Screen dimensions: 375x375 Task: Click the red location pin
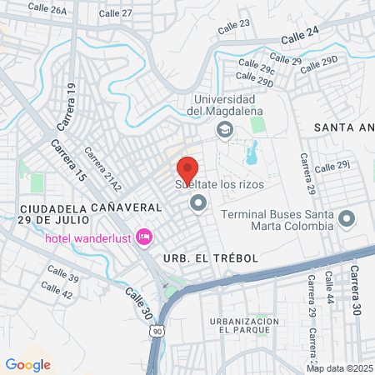(x=187, y=167)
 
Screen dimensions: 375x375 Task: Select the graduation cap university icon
(x=223, y=129)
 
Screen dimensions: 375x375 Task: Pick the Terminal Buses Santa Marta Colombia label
(x=277, y=220)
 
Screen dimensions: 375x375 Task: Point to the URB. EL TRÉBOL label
(x=212, y=259)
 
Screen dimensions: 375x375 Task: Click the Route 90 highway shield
(x=157, y=331)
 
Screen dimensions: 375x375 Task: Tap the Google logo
(x=28, y=364)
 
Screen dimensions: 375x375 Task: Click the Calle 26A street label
(x=47, y=10)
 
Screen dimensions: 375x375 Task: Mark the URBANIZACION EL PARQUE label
(x=243, y=326)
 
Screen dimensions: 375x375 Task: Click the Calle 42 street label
(x=56, y=291)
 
